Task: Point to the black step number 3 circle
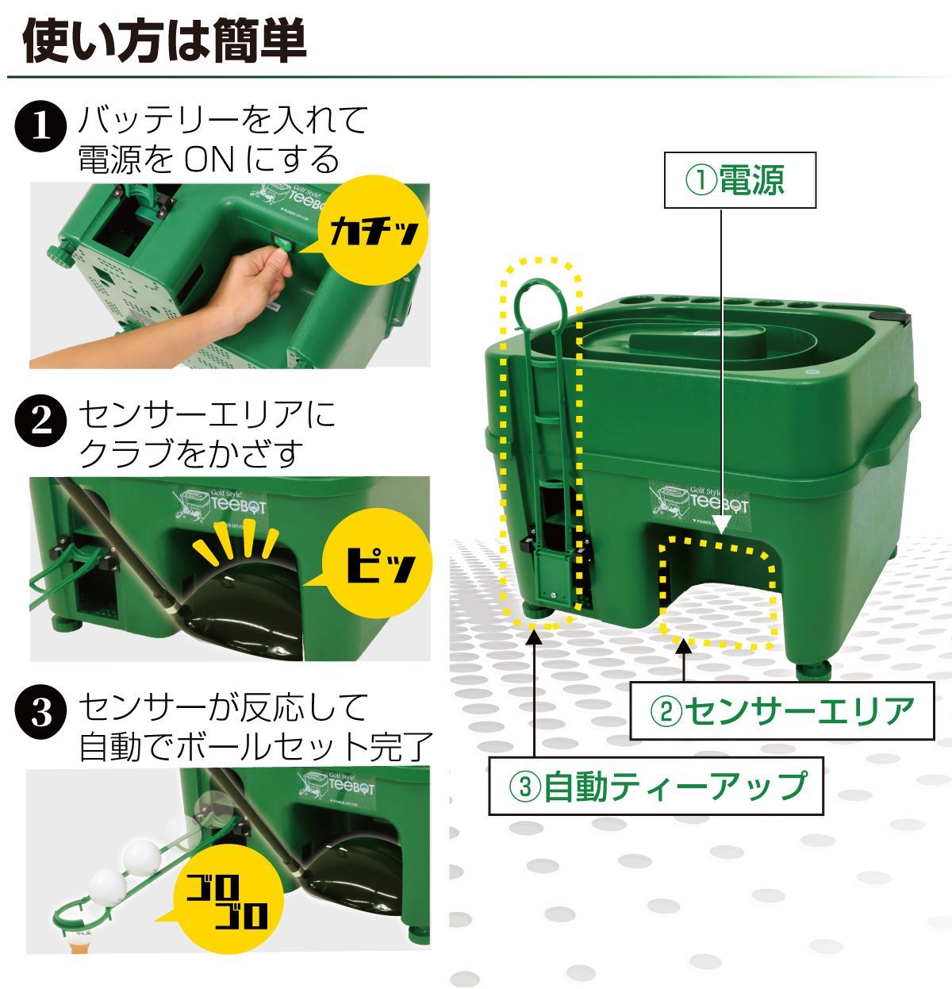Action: [40, 714]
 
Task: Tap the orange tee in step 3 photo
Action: [82, 945]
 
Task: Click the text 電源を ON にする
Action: [209, 160]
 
